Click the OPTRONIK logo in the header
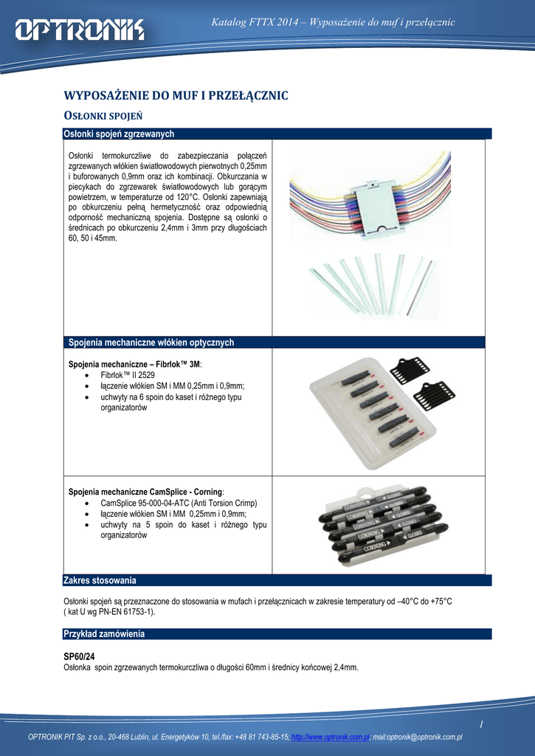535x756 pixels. point(80,30)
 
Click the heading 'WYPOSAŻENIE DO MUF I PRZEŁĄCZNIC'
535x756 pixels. point(176,96)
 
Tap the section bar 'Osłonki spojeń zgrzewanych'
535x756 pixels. point(121,134)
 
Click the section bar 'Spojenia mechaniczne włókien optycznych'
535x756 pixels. point(151,343)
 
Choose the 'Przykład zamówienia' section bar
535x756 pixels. point(104,634)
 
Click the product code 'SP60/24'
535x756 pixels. point(79,656)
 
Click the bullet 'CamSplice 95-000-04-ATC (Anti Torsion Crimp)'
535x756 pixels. point(178,503)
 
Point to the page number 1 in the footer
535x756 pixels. point(480,725)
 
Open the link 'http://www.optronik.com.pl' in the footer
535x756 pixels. point(330,737)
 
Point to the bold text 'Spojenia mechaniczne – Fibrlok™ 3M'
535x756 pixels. point(134,365)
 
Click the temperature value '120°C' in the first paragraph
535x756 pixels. point(188,197)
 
